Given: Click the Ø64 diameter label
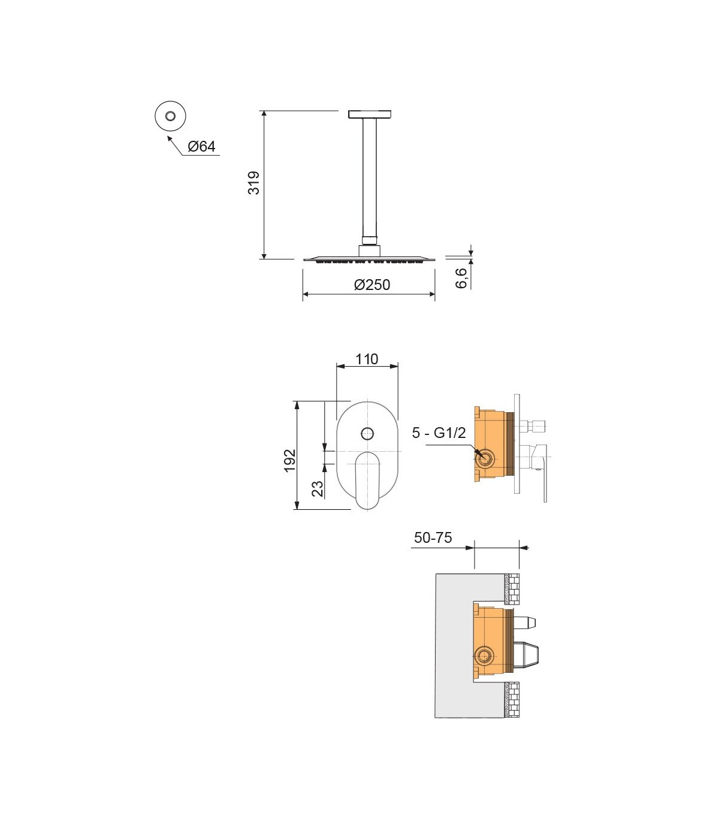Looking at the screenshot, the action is click(202, 147).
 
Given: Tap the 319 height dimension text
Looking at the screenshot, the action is click(254, 183).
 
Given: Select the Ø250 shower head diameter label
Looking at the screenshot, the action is click(372, 285).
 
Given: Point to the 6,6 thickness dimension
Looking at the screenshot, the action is click(461, 278).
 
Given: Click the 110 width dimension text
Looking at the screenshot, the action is click(367, 359).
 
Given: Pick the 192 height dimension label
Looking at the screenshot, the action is click(289, 461).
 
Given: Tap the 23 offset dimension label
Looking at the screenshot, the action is click(318, 489).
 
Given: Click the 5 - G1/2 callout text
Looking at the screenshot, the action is click(439, 433).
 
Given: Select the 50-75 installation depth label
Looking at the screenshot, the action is click(433, 537).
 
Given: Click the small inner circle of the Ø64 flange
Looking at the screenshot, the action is click(170, 116).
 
